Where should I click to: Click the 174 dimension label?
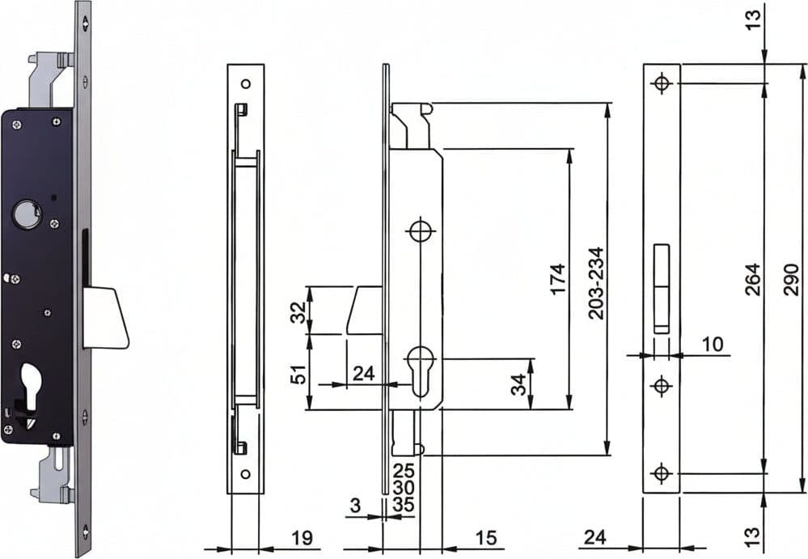[557, 279]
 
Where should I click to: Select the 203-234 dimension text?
[596, 283]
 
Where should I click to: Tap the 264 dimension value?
[753, 279]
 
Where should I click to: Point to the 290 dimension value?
[791, 279]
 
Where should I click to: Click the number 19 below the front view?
[302, 537]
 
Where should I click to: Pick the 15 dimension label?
[485, 537]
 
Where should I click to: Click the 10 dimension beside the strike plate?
[712, 344]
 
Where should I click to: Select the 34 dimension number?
[518, 384]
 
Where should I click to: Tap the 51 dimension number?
[298, 375]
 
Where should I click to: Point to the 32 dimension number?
[298, 311]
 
